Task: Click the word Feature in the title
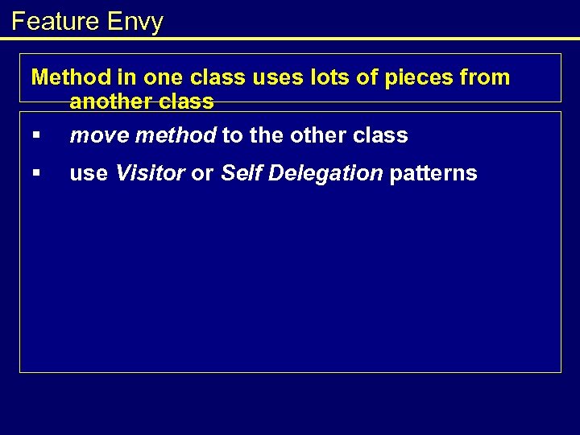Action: [53, 21]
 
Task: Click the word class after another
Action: [188, 101]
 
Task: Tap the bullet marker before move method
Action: [35, 135]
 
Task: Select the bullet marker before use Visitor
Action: [35, 173]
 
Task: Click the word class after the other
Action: [382, 135]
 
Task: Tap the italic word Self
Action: [239, 173]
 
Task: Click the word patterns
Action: [433, 173]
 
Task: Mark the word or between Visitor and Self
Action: [203, 173]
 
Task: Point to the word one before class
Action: [164, 77]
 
